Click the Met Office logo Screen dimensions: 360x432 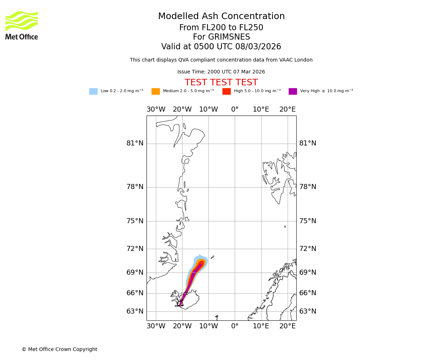coord(22,25)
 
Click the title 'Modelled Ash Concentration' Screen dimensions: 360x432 coord(221,17)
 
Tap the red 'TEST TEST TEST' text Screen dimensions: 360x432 coord(221,83)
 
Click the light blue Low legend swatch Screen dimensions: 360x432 coord(93,91)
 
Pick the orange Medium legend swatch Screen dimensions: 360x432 coord(156,91)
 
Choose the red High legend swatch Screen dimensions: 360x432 coord(226,91)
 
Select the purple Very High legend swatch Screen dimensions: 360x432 coord(293,91)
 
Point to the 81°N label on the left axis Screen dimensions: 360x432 coord(135,143)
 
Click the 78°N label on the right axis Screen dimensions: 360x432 coord(308,187)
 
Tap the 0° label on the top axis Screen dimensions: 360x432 coord(235,109)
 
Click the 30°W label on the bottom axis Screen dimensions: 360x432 coord(156,326)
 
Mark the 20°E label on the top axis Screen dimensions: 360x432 coord(287,109)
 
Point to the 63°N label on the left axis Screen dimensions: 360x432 coord(135,311)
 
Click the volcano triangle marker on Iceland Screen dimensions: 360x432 coord(181,303)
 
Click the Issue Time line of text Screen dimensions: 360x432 coord(221,72)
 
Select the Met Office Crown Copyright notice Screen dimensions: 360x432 coord(59,349)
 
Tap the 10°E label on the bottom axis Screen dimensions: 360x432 coord(261,326)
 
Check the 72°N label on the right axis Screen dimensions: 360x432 coord(308,249)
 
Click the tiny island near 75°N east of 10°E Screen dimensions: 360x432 coord(285,226)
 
